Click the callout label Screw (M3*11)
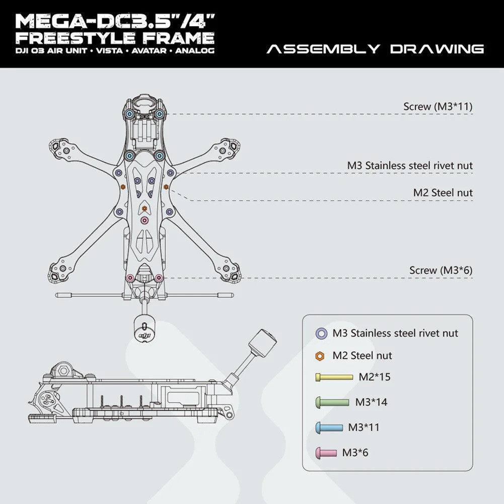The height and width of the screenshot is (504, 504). (x=438, y=106)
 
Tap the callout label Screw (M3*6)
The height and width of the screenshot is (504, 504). (x=441, y=270)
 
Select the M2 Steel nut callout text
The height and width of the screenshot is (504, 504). (x=443, y=192)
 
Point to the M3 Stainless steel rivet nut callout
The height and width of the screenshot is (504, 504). (x=410, y=165)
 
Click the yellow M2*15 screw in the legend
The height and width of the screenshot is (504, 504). (x=334, y=377)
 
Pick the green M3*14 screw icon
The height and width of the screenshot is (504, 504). (x=332, y=402)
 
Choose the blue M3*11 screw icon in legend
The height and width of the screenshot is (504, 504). (x=329, y=427)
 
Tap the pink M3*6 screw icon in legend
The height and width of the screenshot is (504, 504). (x=326, y=453)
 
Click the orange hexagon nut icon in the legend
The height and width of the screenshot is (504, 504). (x=319, y=356)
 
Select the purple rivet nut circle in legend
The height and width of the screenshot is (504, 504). (x=320, y=333)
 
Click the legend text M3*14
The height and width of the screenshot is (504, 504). (x=371, y=402)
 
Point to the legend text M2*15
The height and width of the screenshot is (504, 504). (x=375, y=377)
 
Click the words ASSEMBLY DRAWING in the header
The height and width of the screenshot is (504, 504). (x=375, y=49)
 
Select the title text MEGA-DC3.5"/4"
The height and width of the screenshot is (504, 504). (x=115, y=21)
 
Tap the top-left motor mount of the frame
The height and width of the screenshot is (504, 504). (x=59, y=147)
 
